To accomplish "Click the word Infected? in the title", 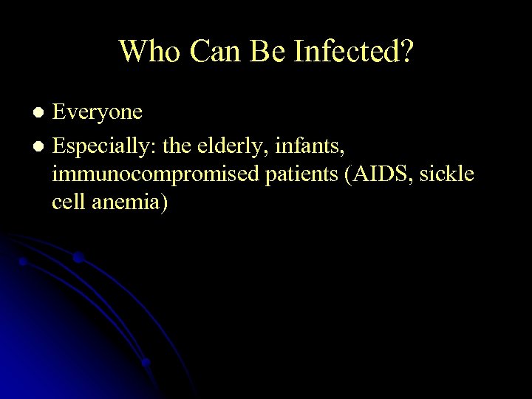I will point(354,52).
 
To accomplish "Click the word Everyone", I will point(97,112).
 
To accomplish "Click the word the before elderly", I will point(176,146).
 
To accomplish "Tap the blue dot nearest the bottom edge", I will point(146,363).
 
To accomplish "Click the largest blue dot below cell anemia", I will point(78,257).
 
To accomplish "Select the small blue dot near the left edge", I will point(23,262).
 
